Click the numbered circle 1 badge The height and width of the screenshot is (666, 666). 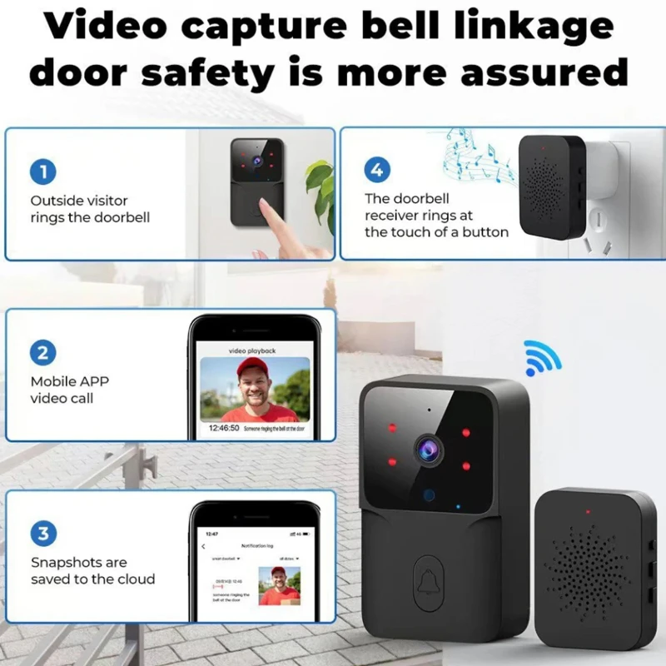(x=43, y=172)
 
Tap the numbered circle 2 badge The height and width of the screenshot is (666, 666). (x=43, y=352)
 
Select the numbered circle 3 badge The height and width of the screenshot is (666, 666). (x=43, y=532)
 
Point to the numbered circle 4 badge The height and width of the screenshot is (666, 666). (x=377, y=171)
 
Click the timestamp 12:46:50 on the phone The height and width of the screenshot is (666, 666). (x=224, y=428)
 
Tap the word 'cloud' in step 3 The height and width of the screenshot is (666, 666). (x=136, y=579)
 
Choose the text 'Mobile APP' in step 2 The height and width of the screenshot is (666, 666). (x=70, y=381)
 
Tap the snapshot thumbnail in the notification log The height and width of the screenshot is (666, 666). (x=278, y=585)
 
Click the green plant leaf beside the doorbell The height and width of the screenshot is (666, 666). (x=321, y=179)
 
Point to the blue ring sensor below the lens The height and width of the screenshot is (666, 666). (x=429, y=496)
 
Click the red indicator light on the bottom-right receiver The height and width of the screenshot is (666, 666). (x=588, y=511)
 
